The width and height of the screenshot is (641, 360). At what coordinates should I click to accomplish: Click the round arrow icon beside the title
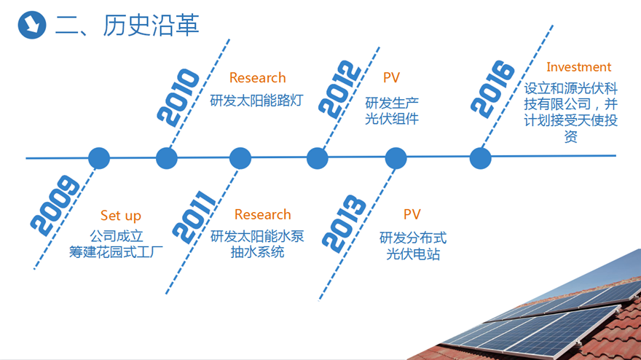coord(32,25)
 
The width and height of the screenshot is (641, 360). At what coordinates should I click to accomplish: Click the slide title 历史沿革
coord(151,26)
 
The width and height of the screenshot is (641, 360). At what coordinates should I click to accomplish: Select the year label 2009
coord(55,206)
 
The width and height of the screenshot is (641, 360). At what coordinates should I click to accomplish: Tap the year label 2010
coord(178,98)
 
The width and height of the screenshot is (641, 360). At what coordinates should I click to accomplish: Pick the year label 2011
coord(194,217)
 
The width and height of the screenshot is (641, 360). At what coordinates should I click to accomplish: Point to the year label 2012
coord(340,89)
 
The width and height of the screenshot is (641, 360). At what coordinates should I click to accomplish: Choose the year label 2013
coord(344,224)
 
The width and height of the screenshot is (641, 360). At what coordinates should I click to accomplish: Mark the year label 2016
coord(492,89)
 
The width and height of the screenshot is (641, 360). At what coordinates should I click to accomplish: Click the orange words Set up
coord(121,215)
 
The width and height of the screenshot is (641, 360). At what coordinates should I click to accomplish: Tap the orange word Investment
coord(578,67)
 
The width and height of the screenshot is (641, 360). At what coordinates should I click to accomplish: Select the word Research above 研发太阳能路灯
coord(258,78)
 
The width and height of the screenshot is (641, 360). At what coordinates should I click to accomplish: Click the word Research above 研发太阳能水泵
coord(262,214)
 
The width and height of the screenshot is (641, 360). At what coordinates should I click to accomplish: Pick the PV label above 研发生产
coord(391,78)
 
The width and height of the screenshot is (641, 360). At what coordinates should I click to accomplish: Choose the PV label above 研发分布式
coord(412,214)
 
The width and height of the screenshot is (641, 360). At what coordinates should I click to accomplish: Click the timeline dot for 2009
coord(99,158)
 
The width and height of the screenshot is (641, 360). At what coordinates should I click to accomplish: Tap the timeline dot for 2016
coord(480,158)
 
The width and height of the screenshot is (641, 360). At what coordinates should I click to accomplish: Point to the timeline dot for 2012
coord(318,158)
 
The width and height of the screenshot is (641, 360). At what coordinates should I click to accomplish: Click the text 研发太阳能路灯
coord(256,101)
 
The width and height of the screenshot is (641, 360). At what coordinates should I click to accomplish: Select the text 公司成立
coord(117,236)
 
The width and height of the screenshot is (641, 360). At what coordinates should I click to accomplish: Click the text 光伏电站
coord(413,254)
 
